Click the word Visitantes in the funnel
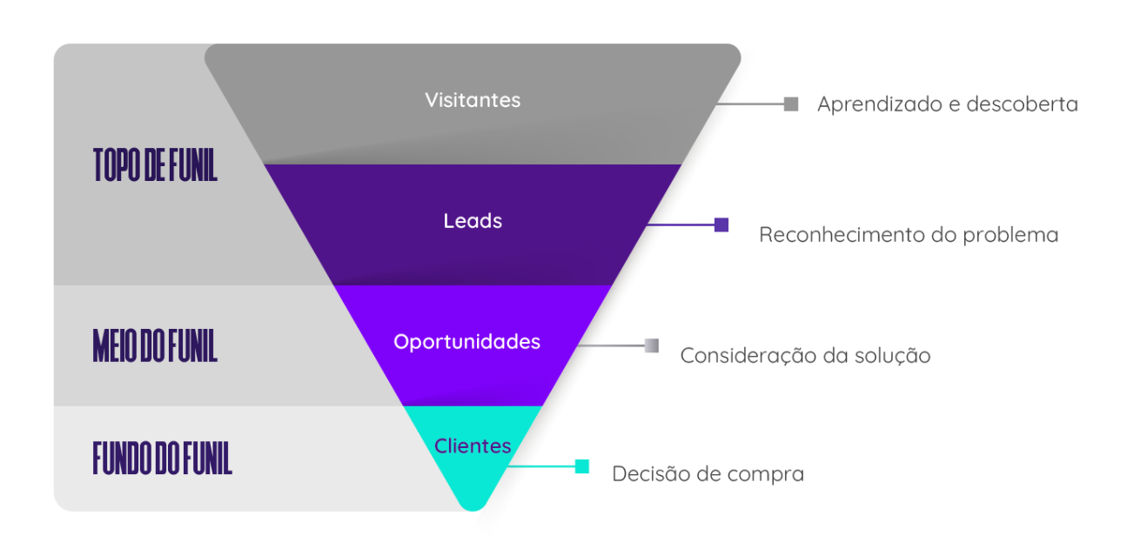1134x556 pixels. pos(473,100)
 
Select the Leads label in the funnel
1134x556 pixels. pos(473,221)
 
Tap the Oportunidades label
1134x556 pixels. pos(466,342)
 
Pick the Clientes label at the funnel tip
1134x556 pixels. pos(473,446)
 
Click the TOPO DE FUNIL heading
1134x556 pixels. pos(155,165)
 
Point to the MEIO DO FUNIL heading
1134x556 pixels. pos(155,345)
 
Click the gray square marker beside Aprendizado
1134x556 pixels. pos(791,104)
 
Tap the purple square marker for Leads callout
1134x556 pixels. pos(721,224)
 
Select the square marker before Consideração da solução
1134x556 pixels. pos(652,345)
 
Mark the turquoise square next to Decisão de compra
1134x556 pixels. pos(582,466)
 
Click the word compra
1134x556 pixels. pos(768,475)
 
